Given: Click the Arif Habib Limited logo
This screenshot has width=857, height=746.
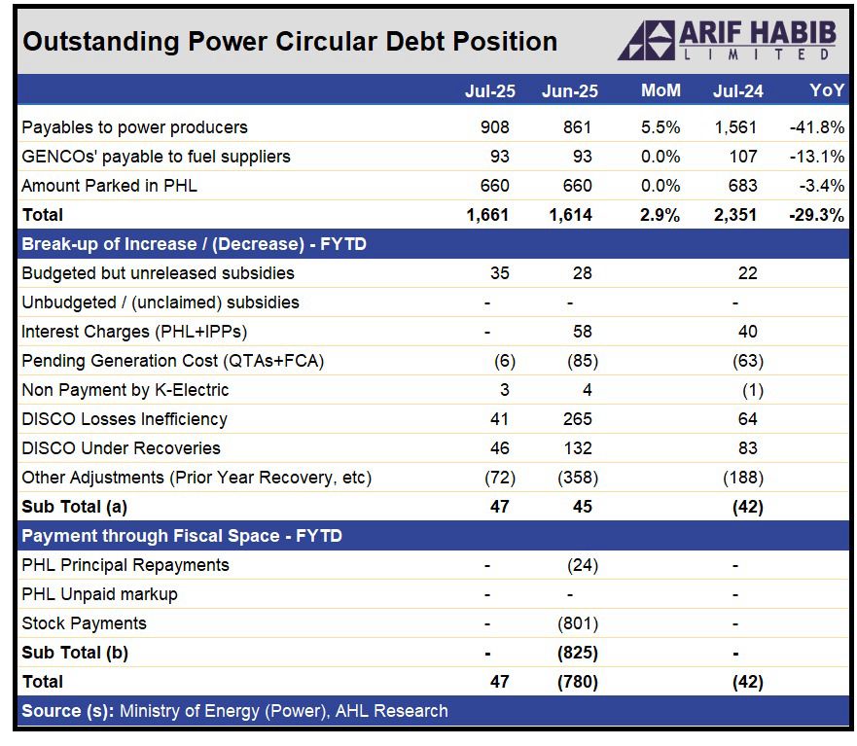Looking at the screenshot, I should click(x=726, y=41).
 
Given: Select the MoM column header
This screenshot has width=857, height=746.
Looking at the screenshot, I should click(x=661, y=91).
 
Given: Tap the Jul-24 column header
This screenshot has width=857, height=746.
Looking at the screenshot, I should click(x=737, y=91).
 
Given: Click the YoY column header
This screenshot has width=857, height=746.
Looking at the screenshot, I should click(x=827, y=91).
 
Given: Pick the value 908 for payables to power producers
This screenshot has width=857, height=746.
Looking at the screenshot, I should click(x=494, y=127).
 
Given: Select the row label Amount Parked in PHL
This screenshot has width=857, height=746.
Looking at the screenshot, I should click(x=109, y=186).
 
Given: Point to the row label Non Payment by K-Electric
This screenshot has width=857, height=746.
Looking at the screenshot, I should click(x=125, y=390).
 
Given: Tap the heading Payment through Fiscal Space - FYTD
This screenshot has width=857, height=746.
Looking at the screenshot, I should click(x=182, y=536).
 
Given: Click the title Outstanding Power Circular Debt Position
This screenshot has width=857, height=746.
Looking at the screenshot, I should click(x=290, y=42).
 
